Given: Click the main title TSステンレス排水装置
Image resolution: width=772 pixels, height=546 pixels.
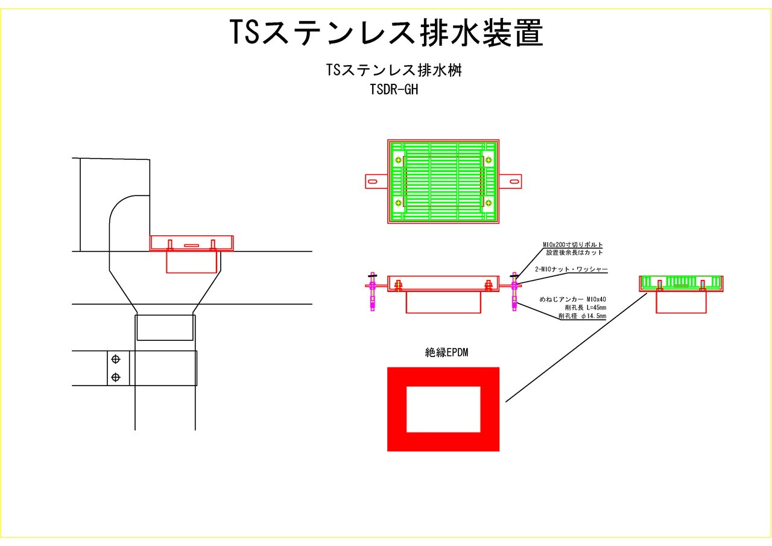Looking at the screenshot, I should pyautogui.click(x=386, y=33).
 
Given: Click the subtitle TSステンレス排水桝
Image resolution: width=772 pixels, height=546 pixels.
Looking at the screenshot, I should pyautogui.click(x=394, y=70).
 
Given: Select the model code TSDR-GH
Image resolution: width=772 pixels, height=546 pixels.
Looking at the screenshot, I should pyautogui.click(x=394, y=90).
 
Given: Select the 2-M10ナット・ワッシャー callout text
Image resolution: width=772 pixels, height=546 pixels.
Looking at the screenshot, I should pyautogui.click(x=572, y=269).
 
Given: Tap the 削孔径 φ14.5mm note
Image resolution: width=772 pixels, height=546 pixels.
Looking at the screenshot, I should pyautogui.click(x=582, y=316).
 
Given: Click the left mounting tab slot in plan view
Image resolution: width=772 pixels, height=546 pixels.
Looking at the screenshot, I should pyautogui.click(x=373, y=181).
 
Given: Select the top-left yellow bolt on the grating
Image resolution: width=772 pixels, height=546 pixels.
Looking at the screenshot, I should pyautogui.click(x=399, y=160).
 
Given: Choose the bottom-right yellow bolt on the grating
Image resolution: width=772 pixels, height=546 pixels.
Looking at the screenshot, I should pyautogui.click(x=488, y=202).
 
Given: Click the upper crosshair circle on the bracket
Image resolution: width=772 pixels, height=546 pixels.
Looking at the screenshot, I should pyautogui.click(x=116, y=360).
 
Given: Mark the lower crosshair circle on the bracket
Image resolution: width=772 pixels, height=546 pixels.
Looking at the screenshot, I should pyautogui.click(x=116, y=378).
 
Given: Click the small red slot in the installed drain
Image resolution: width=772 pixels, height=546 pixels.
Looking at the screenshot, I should pyautogui.click(x=191, y=245).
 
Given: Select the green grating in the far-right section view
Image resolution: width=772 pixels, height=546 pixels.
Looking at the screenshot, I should pyautogui.click(x=681, y=282).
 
